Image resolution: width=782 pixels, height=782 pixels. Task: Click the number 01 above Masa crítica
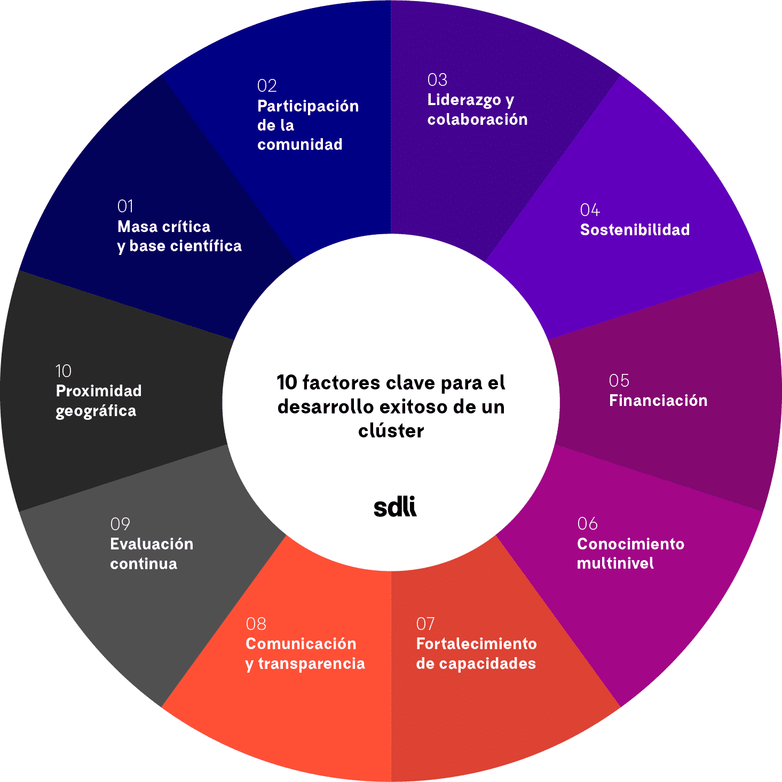[x=125, y=206]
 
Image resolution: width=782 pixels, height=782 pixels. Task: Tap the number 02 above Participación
[x=267, y=86]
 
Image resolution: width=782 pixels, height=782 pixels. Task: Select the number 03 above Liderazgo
[x=437, y=80]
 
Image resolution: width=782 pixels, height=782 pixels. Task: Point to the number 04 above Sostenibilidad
[x=590, y=210]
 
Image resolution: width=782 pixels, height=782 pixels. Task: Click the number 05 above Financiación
[x=619, y=381]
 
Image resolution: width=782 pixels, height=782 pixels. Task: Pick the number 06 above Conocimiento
[x=587, y=524]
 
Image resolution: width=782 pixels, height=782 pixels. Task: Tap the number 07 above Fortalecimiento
[x=425, y=624]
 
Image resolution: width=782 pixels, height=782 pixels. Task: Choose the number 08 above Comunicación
[x=256, y=624]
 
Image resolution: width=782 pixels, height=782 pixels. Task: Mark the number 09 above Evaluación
[x=120, y=524]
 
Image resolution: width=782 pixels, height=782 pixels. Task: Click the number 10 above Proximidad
[x=64, y=371]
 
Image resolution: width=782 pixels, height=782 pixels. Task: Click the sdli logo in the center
[x=395, y=507]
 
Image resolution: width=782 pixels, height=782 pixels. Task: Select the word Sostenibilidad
[x=635, y=230]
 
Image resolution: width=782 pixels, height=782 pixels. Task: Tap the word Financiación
[x=658, y=401]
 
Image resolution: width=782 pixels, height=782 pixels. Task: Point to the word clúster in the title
[x=391, y=430]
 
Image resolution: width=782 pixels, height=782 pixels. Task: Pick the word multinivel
[x=615, y=563]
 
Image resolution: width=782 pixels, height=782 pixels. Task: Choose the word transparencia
[x=311, y=664]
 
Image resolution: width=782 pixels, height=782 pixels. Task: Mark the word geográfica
[x=96, y=411]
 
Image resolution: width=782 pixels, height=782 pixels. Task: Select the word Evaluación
[x=152, y=544]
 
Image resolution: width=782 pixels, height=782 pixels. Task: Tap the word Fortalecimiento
[x=476, y=644]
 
